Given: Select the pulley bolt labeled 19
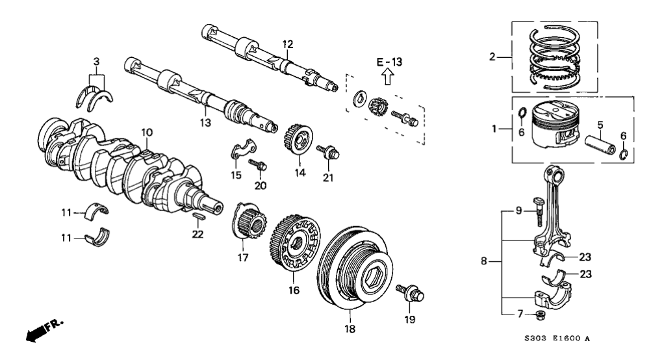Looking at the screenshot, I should point(411,294).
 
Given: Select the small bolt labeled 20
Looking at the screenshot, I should point(260,164).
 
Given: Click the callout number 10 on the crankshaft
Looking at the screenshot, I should point(147,133).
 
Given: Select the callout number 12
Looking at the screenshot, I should point(288,44).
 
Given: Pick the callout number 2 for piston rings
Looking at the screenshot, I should point(492,57).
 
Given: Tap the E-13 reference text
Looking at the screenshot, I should point(389,62).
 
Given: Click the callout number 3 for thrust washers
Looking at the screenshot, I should point(96,62).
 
